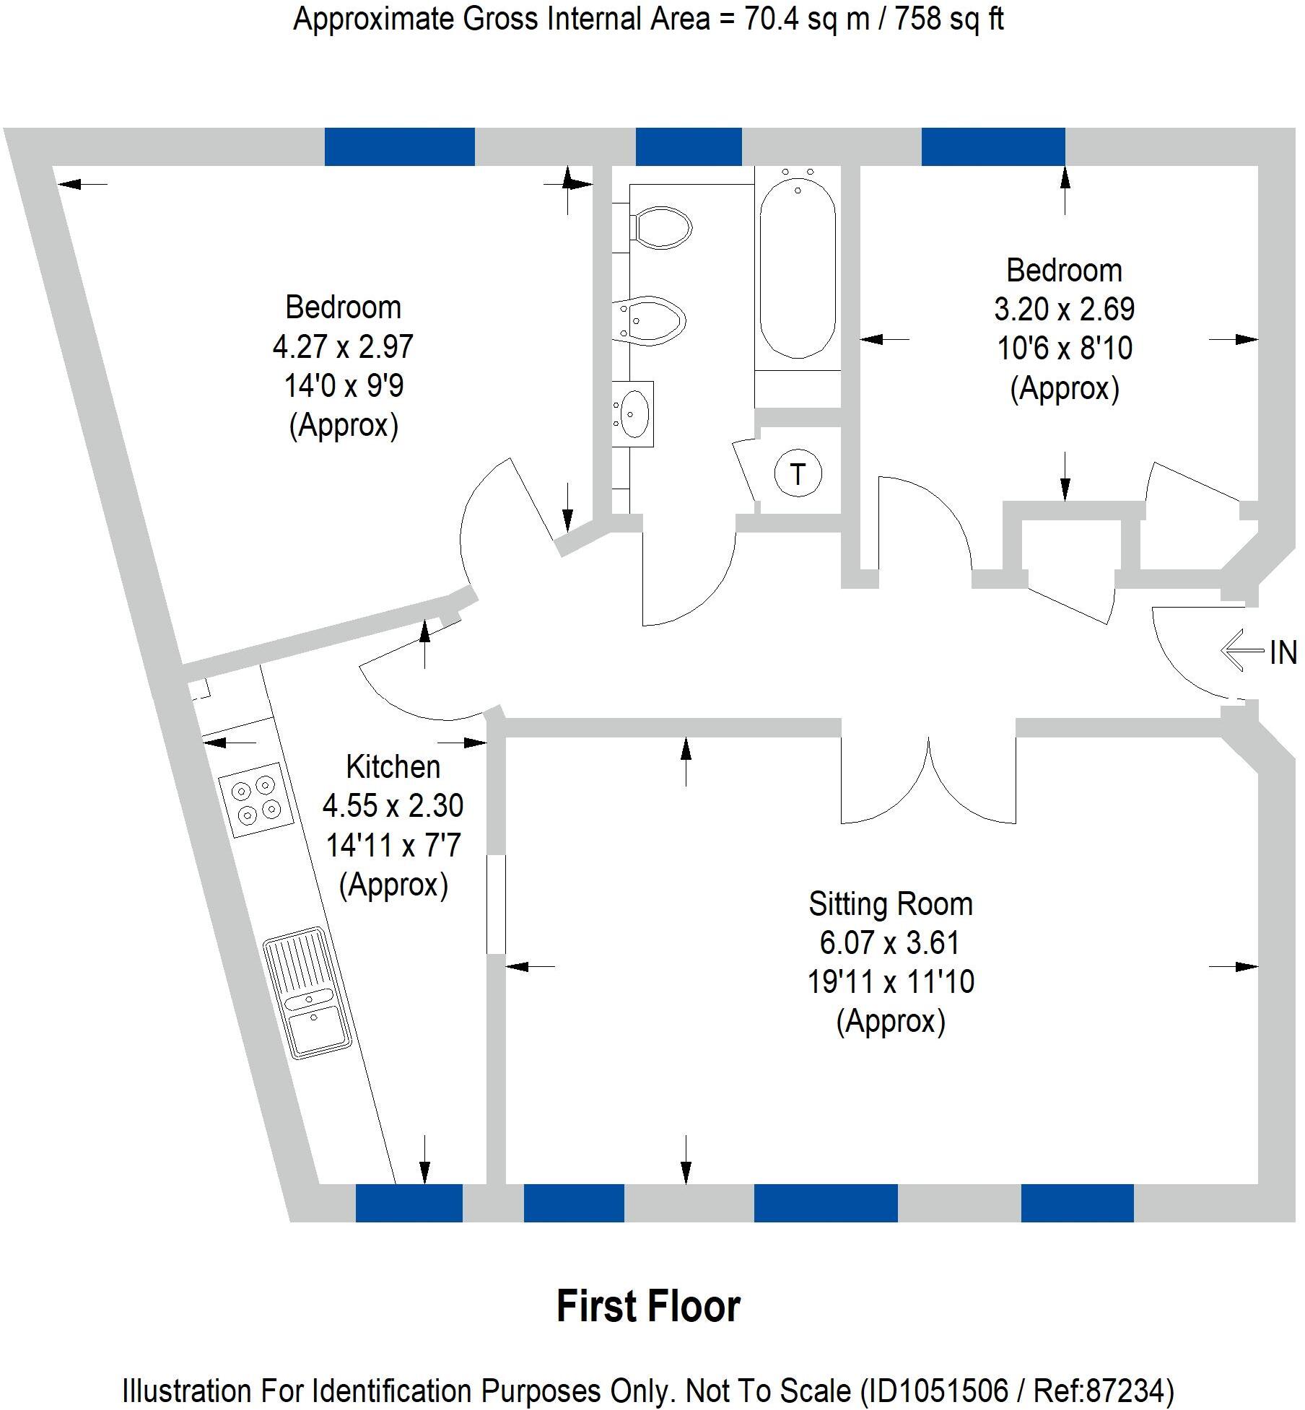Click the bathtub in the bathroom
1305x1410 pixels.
(x=798, y=267)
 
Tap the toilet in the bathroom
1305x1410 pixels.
(x=660, y=227)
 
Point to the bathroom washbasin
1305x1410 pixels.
(x=634, y=414)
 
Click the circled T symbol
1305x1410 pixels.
(x=797, y=475)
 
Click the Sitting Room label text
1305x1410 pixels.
(x=890, y=904)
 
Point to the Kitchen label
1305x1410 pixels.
(x=393, y=767)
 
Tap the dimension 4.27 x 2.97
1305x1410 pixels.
(x=343, y=347)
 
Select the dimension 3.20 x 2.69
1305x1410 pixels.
(x=1064, y=310)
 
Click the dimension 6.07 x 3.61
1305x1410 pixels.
(x=890, y=943)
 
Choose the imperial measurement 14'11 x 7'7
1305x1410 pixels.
(x=393, y=845)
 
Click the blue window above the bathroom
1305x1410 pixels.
(x=688, y=146)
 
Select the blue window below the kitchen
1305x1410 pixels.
(x=409, y=1203)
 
